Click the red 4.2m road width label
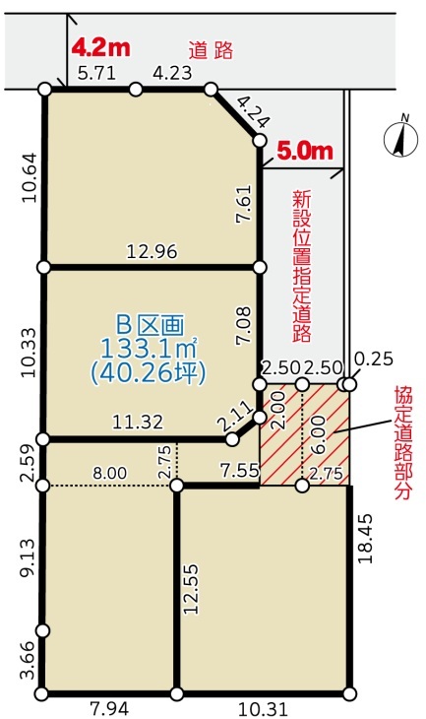[x=101, y=47]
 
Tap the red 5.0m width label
[x=305, y=151]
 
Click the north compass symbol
[x=400, y=136]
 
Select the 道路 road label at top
[x=212, y=50]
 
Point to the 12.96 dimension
[x=152, y=251]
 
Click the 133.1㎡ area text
[x=149, y=350]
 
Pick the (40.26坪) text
[x=149, y=373]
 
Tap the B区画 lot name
[x=150, y=325]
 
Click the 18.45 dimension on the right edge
[x=366, y=539]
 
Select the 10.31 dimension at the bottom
[x=263, y=709]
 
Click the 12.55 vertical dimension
[x=191, y=589]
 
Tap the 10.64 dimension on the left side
[x=30, y=178]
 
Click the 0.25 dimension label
[x=374, y=359]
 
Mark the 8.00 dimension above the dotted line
[x=110, y=473]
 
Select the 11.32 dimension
[x=138, y=422]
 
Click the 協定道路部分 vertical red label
[x=403, y=442]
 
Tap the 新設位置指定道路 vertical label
[x=302, y=267]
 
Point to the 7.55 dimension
[x=240, y=470]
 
